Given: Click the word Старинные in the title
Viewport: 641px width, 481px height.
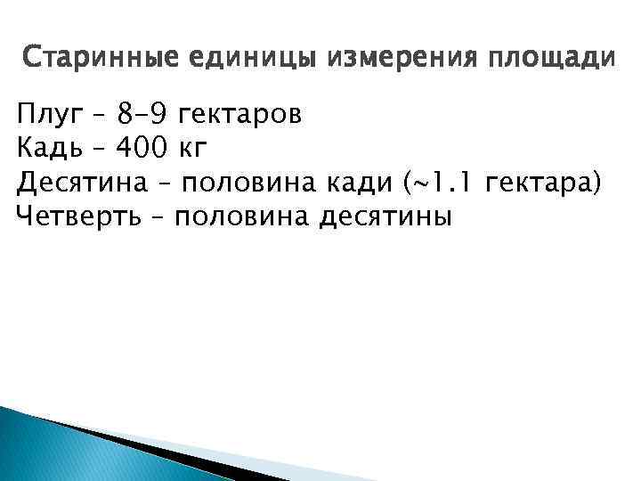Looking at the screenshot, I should point(95,60).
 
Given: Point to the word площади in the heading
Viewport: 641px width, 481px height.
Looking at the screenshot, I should point(549,60).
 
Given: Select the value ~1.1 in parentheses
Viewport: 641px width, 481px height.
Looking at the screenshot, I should point(441,183).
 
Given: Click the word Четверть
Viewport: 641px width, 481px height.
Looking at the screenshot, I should point(78,216).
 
